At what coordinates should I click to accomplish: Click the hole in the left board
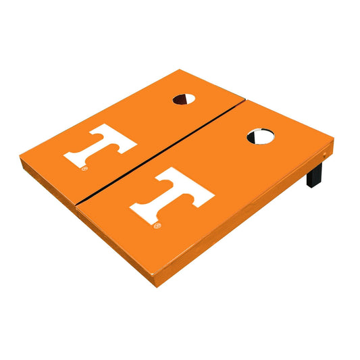[184, 99]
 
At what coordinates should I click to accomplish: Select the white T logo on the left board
[100, 145]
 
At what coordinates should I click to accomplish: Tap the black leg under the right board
[314, 174]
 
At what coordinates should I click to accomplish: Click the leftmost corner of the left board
[20, 156]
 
